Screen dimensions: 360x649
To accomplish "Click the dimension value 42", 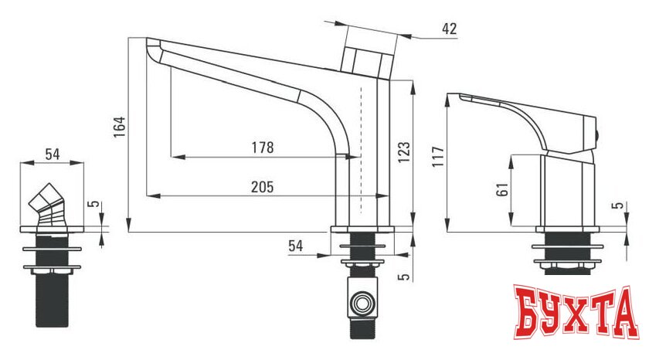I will click(x=449, y=29).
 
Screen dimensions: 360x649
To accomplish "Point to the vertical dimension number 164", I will click(x=118, y=126).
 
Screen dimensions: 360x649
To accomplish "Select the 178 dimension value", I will click(x=263, y=147).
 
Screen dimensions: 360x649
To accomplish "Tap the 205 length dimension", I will click(x=263, y=186).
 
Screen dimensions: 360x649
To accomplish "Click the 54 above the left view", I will click(x=52, y=154).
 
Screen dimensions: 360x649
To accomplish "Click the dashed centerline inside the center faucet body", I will click(x=361, y=147).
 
